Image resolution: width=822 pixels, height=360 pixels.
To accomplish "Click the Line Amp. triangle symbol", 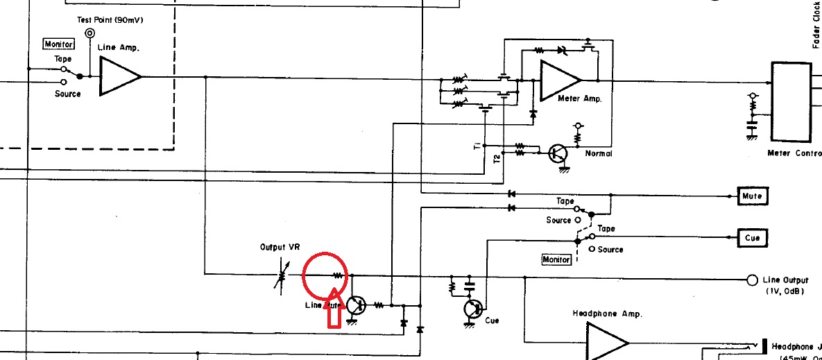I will (118, 76).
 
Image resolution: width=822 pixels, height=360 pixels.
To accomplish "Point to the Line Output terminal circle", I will (751, 280).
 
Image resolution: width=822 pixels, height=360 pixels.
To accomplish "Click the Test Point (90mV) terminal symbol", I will (90, 33).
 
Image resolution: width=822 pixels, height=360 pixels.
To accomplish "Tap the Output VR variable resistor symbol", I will (282, 275).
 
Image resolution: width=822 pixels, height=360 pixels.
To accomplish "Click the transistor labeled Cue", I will (473, 309).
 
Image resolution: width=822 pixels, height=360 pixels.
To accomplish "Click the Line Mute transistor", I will (355, 305).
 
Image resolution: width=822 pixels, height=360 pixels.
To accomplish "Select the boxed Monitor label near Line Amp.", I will (59, 44).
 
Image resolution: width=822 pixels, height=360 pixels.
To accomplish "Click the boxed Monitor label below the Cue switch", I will (557, 259).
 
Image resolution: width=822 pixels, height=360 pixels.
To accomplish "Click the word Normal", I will (598, 153).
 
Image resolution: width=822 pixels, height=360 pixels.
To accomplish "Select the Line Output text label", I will (785, 280).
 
